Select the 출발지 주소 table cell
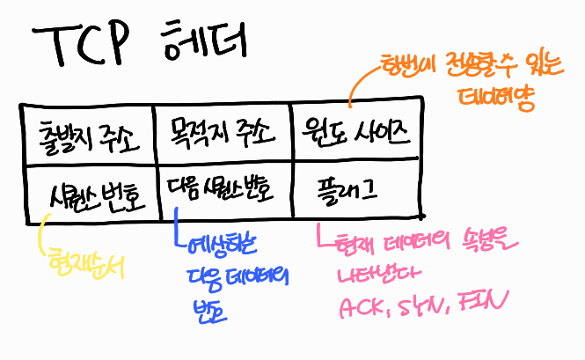84,135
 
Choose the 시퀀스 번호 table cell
92,190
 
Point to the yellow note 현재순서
86,263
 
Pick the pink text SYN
423,307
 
